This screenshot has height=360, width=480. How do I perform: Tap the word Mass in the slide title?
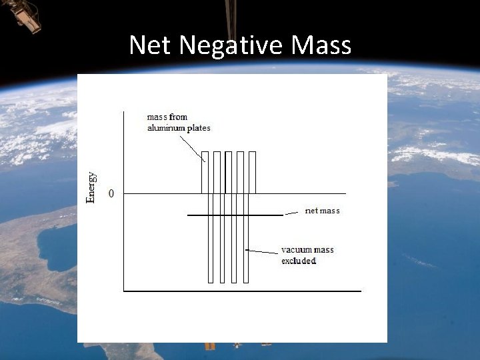coord(321,45)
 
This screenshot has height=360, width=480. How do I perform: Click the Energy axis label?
coord(91,187)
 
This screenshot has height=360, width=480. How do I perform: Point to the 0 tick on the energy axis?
coord(111,193)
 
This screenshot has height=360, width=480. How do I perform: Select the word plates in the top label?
coord(199,128)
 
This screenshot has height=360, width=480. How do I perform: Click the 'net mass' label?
coord(322,211)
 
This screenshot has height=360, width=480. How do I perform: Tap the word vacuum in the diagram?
coord(295,250)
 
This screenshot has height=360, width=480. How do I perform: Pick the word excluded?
coord(299,261)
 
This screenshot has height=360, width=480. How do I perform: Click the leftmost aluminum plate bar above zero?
coord(205,172)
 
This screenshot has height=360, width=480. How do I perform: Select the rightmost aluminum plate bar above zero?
coord(252,172)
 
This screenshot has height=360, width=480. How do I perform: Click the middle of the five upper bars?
coord(228,172)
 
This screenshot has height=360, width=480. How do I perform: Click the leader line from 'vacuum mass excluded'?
coord(263,251)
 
